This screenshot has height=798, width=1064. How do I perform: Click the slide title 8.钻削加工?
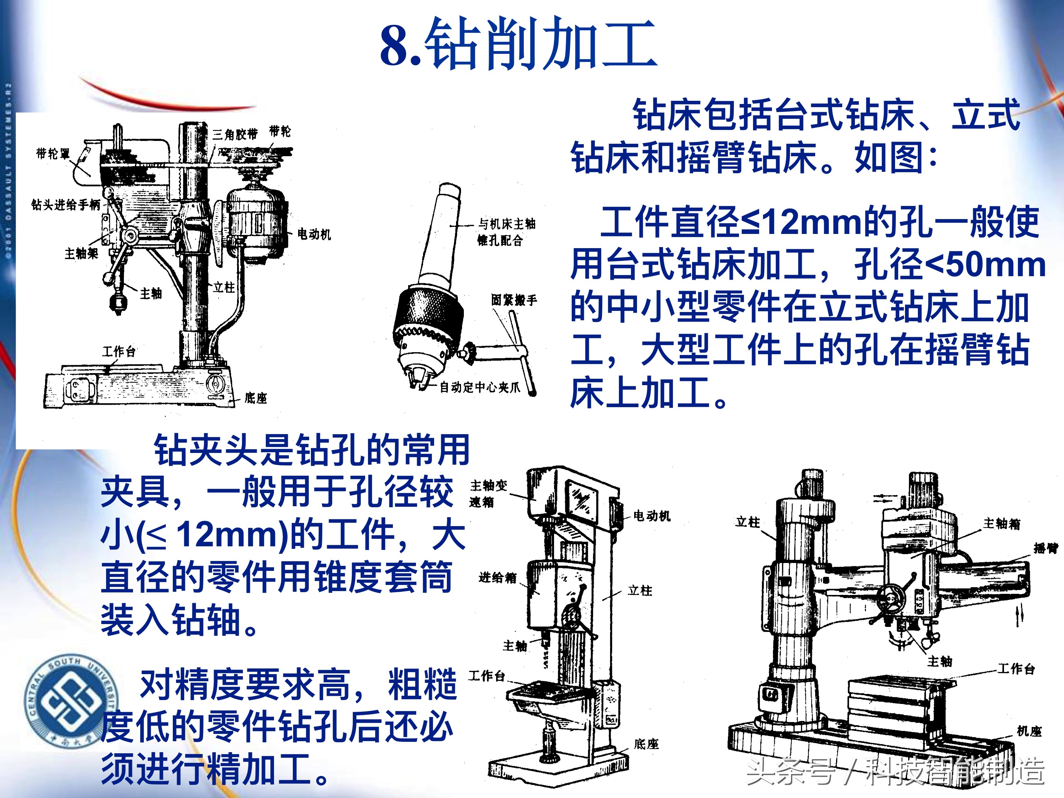[519, 44]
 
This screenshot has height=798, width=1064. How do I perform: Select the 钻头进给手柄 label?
[66, 205]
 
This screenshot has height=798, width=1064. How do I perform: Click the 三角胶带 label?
[235, 134]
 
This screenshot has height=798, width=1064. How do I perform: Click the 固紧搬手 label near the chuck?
[514, 300]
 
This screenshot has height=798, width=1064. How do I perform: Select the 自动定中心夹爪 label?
[480, 387]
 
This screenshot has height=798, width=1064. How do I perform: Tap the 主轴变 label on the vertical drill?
[489, 485]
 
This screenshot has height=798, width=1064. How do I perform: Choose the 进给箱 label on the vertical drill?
[497, 577]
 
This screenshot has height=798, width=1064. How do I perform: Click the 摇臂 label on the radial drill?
[1046, 548]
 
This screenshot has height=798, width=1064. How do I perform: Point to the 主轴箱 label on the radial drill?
[1002, 523]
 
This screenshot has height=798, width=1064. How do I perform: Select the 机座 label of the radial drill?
[1029, 731]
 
